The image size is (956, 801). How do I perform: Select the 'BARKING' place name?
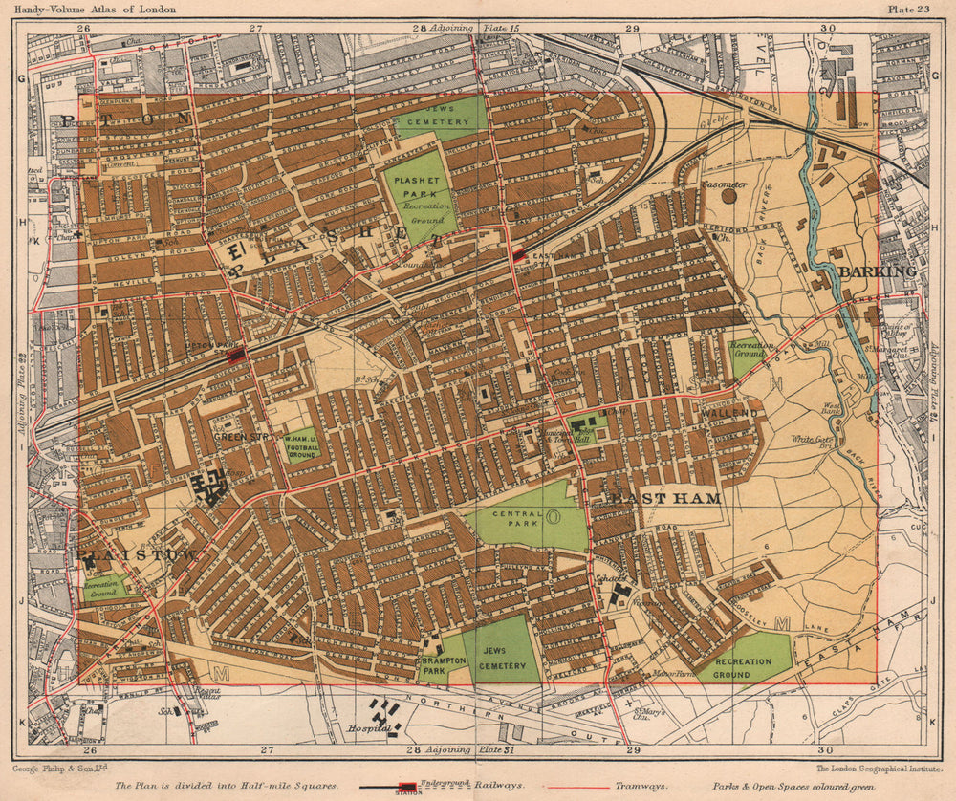(878, 271)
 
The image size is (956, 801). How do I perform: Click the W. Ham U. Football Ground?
(301, 445)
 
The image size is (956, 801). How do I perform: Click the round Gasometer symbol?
(728, 196)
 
